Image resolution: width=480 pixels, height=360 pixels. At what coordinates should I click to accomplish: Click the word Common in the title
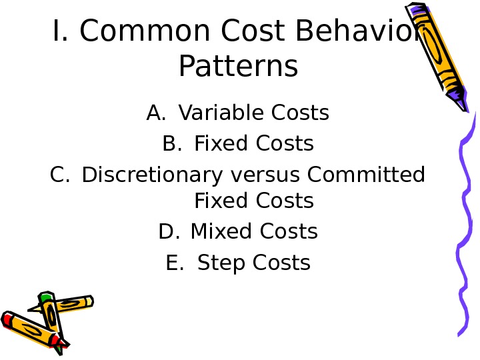pyautogui.click(x=145, y=31)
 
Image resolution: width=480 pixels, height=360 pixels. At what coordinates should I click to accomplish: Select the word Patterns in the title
pyautogui.click(x=238, y=66)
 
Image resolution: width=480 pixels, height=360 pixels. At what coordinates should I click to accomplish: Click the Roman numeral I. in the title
pyautogui.click(x=60, y=30)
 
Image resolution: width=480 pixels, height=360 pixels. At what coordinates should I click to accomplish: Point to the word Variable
pyautogui.click(x=221, y=113)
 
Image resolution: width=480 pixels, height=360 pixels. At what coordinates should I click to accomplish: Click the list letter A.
pyautogui.click(x=156, y=113)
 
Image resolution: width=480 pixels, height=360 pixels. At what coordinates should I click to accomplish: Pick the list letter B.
pyautogui.click(x=172, y=143)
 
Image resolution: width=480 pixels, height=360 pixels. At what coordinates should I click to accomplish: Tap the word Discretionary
pyautogui.click(x=152, y=175)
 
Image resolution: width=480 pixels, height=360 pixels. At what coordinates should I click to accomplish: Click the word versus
pyautogui.click(x=265, y=175)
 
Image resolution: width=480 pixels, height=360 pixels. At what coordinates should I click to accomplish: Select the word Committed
pyautogui.click(x=366, y=174)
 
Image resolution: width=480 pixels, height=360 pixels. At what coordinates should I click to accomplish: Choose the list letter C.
pyautogui.click(x=60, y=175)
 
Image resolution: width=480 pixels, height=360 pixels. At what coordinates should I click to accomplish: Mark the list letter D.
pyautogui.click(x=169, y=231)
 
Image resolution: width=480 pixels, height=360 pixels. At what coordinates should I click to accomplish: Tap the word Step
pyautogui.click(x=221, y=263)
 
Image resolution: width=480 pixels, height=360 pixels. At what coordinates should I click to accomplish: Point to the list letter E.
pyautogui.click(x=175, y=263)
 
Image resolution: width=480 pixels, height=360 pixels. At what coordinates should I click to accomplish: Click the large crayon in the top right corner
pyautogui.click(x=437, y=57)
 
